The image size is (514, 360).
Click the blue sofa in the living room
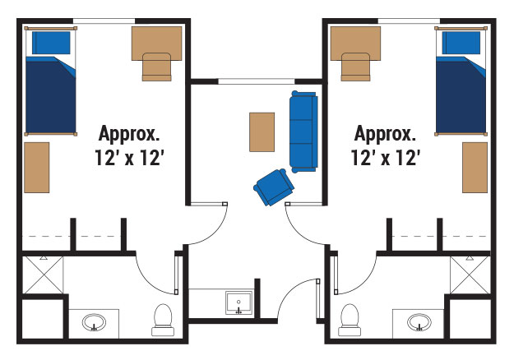tap(303, 132)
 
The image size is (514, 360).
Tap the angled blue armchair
tap(274, 187)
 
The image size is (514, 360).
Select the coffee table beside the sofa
tap(262, 132)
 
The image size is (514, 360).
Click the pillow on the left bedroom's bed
tap(51, 43)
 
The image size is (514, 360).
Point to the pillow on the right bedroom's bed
tap(461, 43)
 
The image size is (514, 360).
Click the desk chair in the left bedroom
tap(157, 67)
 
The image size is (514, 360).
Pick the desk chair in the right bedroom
tap(355, 67)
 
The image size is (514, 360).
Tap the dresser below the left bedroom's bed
tap(37, 168)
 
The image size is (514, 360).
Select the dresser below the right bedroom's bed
tap(475, 168)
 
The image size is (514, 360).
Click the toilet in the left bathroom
tap(163, 320)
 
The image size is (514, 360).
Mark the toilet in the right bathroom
tap(350, 320)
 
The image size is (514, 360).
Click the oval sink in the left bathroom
tap(94, 323)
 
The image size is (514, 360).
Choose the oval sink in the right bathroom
tap(419, 323)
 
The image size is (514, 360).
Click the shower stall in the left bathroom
tap(43, 275)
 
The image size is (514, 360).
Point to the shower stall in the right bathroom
tap(470, 275)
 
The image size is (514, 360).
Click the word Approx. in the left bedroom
tap(129, 133)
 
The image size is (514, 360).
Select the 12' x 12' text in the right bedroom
tap(386, 158)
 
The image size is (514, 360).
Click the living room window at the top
tap(257, 81)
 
